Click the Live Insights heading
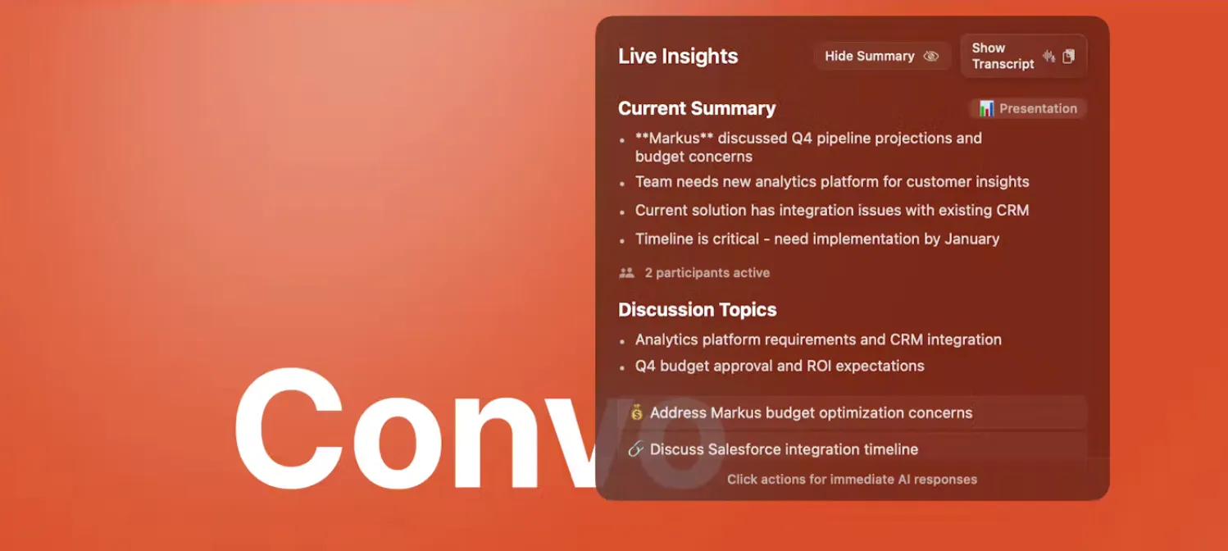point(678,56)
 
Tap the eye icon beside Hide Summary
point(931,56)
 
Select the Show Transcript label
point(1003,56)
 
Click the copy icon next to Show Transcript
point(1068,56)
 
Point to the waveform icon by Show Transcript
point(1048,56)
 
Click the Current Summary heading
point(697,108)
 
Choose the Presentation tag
point(1028,108)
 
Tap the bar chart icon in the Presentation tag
point(986,108)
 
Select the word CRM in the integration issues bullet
point(1011,210)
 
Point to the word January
point(972,239)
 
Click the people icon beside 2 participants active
point(626,272)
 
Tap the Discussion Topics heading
point(698,310)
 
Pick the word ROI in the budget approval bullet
point(818,366)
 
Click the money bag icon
point(636,412)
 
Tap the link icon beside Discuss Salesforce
point(636,449)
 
